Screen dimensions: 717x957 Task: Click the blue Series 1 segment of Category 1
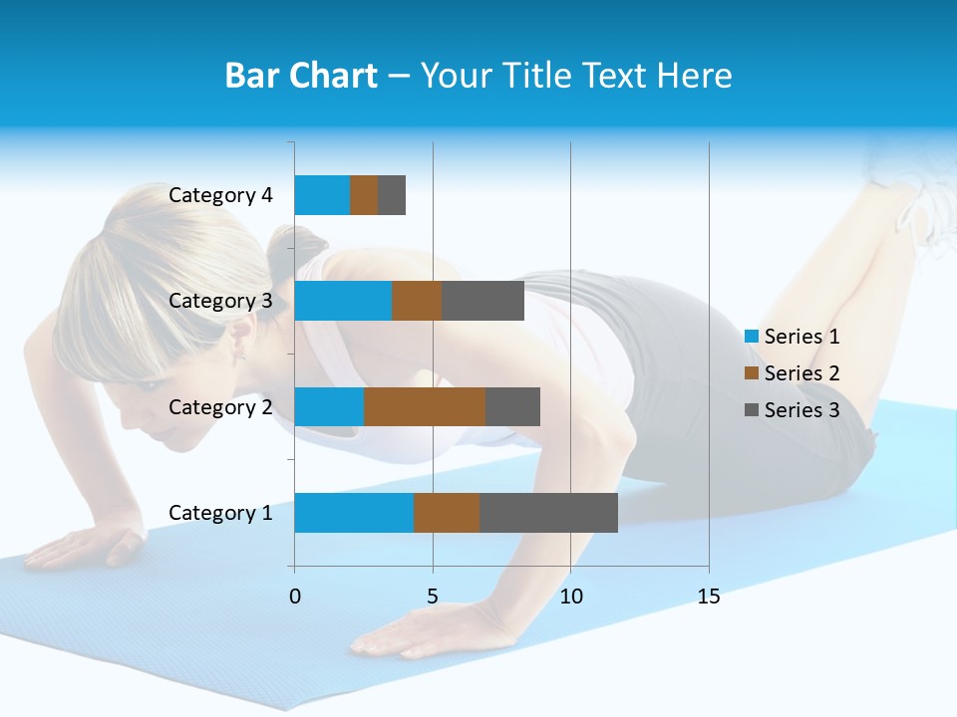pos(354,513)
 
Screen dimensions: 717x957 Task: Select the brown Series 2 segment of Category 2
pos(425,406)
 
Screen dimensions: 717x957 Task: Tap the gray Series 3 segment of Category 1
pos(548,513)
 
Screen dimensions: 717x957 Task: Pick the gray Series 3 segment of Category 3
pos(483,301)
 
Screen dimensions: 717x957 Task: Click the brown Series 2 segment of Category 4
pos(364,195)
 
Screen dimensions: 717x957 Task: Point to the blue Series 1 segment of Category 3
pos(343,301)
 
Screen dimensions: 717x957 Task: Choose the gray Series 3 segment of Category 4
pos(392,195)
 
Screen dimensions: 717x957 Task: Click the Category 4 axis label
pos(220,195)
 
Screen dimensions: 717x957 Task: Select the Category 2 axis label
pos(220,406)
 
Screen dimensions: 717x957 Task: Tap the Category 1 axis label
pos(220,513)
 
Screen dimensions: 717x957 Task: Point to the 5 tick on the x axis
pos(433,597)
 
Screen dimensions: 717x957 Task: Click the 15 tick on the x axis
pos(708,597)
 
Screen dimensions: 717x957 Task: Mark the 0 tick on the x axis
pos(295,597)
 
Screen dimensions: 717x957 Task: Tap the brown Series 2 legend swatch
pos(751,373)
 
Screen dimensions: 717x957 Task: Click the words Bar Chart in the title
pos(301,76)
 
